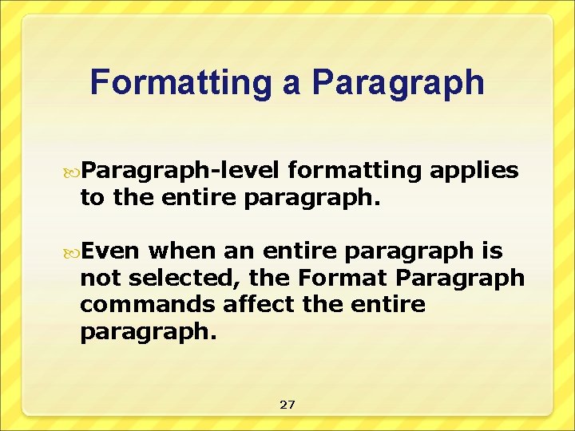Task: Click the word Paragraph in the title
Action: click(x=398, y=82)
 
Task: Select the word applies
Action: click(x=474, y=170)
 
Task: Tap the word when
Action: click(x=182, y=251)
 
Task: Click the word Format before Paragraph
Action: click(x=346, y=278)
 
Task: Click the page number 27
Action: click(x=287, y=405)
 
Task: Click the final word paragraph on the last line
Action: click(x=148, y=330)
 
